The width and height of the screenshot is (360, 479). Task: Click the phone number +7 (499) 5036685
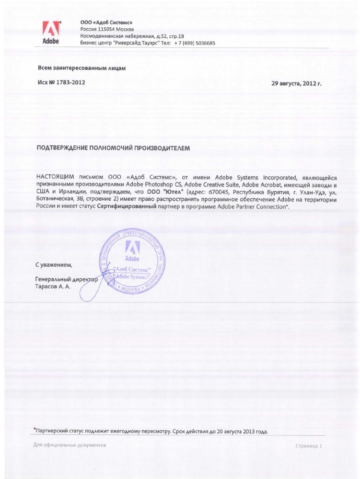(195, 43)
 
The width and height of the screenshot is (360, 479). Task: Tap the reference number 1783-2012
(70, 82)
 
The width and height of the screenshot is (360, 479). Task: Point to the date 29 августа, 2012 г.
(296, 83)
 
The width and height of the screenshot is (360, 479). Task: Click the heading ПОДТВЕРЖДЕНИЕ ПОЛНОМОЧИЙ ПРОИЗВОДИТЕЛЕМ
(114, 148)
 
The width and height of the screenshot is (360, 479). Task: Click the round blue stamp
(132, 264)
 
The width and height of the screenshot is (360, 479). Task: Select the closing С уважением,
(53, 265)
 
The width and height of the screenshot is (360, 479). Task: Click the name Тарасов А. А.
(52, 286)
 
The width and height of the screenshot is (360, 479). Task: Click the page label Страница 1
(309, 446)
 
